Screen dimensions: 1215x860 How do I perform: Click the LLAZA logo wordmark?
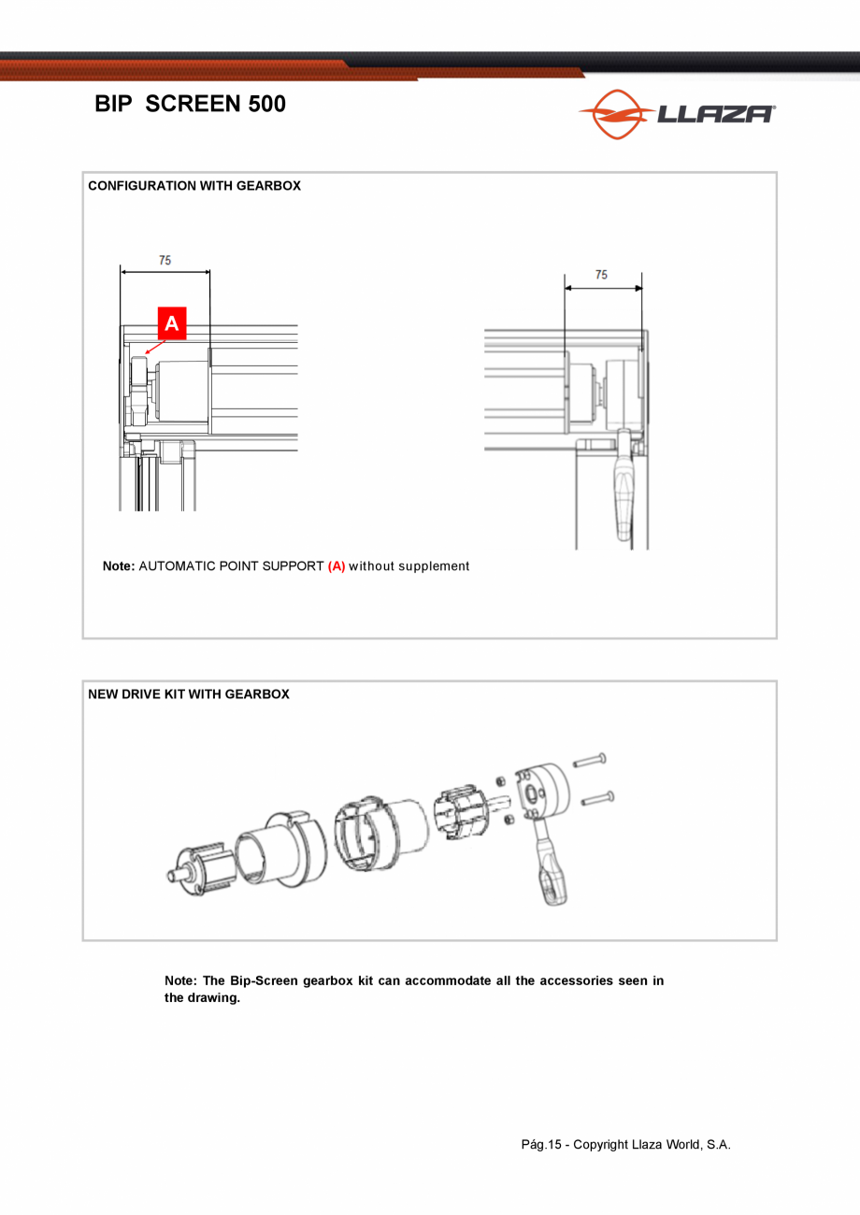point(715,114)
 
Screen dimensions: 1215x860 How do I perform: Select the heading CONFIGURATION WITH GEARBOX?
point(194,186)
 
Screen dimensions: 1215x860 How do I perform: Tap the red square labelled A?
point(171,323)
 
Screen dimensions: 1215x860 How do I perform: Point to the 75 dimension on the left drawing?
point(165,261)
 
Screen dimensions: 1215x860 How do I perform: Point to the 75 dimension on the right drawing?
point(601,275)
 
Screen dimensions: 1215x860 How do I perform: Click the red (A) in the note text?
point(337,566)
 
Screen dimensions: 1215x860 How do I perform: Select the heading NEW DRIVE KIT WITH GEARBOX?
point(189,694)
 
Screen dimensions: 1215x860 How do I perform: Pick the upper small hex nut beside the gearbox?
point(500,780)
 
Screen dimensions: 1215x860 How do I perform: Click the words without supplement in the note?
point(409,566)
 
